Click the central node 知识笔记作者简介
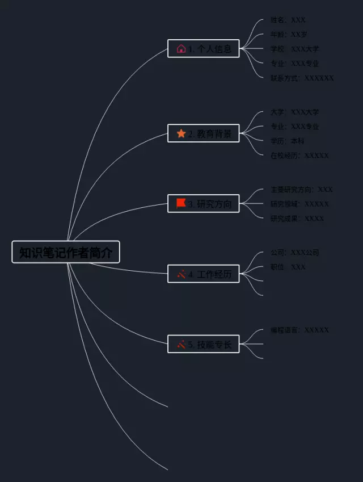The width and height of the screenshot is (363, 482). coord(66,252)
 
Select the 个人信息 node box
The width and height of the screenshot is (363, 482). coord(204,49)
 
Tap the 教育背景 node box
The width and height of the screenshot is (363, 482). coord(204,133)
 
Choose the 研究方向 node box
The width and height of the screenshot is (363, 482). coord(204,203)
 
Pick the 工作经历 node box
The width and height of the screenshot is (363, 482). coord(204,274)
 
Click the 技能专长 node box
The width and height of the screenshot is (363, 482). coord(204,343)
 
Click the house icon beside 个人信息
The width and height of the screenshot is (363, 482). coord(181,49)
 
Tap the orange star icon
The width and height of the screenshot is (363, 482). coord(181,133)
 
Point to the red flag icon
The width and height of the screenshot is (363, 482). coord(181,203)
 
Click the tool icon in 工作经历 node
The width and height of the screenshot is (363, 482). coord(181,274)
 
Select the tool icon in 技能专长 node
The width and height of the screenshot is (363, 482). coord(181,343)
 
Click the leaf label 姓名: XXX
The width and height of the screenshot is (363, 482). coord(288,20)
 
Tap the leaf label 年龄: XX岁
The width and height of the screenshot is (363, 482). coord(289,35)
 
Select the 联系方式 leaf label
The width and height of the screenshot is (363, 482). coord(302,78)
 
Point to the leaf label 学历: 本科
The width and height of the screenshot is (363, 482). coord(288,141)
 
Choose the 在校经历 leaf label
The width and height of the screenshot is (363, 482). coord(299,156)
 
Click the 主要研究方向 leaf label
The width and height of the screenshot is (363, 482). coord(302,190)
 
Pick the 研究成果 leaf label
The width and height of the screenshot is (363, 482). coord(297,219)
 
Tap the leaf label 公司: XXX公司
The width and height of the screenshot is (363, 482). coord(295,253)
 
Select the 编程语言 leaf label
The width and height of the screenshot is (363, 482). coord(299,330)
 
